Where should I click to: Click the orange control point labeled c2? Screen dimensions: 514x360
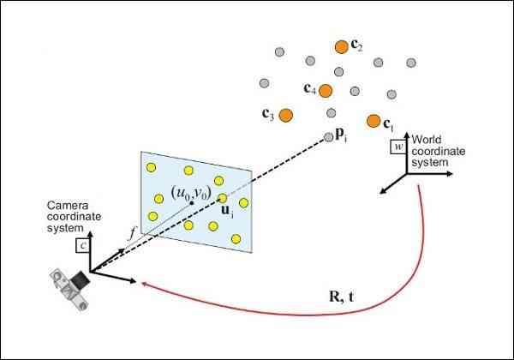tap(341, 47)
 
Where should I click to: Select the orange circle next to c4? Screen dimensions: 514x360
tap(326, 91)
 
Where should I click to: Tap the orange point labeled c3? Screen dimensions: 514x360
tap(286, 115)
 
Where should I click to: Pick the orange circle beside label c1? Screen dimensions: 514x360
tap(374, 121)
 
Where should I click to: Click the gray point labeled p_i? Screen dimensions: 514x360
tap(328, 137)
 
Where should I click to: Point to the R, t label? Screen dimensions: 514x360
tap(341, 297)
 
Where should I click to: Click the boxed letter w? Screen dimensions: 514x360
tap(398, 147)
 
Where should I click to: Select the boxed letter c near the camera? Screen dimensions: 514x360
tap(83, 246)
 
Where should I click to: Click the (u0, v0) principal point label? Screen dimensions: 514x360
tap(191, 192)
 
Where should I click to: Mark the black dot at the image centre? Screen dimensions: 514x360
tap(191, 203)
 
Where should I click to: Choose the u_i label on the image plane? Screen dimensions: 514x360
tap(227, 211)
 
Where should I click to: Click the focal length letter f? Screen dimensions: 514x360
tap(132, 233)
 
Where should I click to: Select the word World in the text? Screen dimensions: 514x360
tap(426, 140)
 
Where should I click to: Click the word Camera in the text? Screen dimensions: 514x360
tap(68, 206)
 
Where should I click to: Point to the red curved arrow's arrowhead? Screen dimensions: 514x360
tap(143, 283)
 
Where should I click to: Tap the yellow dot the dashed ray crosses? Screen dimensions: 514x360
tap(222, 198)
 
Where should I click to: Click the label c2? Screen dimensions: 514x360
tap(356, 45)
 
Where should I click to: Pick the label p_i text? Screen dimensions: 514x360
tap(341, 135)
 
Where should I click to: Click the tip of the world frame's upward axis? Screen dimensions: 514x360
tap(407, 132)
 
